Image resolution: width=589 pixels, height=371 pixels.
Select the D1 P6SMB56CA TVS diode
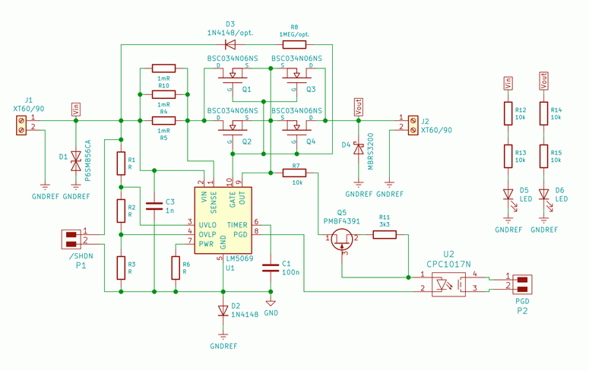click(x=75, y=161)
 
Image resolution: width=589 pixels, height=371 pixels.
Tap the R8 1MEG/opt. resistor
click(x=294, y=44)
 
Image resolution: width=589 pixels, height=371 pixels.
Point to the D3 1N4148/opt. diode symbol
click(x=230, y=44)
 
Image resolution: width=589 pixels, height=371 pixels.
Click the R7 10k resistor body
click(x=294, y=173)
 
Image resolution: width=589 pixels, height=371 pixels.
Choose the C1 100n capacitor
click(x=271, y=267)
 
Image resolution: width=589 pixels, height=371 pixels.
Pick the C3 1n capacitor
click(x=154, y=203)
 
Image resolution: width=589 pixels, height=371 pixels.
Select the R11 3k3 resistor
click(x=385, y=235)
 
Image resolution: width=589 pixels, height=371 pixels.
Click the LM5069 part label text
click(x=241, y=258)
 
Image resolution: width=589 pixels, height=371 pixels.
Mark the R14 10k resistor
click(x=543, y=114)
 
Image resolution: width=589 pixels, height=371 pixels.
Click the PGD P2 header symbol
click(x=522, y=284)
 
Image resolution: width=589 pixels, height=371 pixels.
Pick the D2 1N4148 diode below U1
click(x=223, y=310)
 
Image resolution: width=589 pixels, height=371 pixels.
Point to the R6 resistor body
click(x=176, y=268)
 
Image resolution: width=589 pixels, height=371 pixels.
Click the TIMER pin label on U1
click(x=238, y=225)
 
